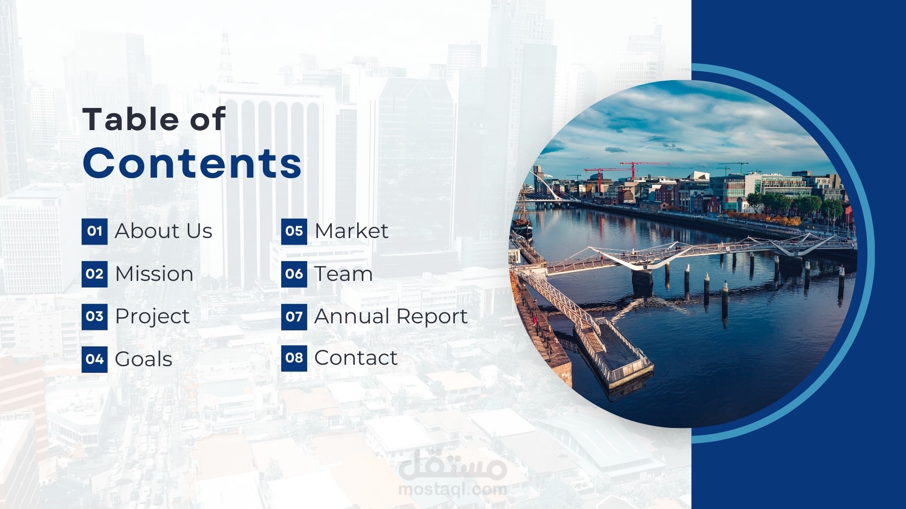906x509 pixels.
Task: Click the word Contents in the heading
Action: tap(192, 163)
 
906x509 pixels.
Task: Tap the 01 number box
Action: tap(94, 231)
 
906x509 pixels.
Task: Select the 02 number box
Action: tap(94, 274)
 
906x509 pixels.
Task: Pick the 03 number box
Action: tap(94, 317)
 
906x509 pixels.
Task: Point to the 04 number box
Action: tap(94, 360)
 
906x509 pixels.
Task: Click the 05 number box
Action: tap(294, 231)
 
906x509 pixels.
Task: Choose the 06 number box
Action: tap(294, 274)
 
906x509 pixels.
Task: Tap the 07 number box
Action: tap(294, 317)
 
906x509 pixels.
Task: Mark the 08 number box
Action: tap(294, 358)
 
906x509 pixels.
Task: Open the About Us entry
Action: tap(164, 231)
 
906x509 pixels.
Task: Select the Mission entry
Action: tap(154, 274)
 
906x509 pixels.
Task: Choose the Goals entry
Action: tap(143, 359)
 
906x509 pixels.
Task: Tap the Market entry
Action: tap(352, 231)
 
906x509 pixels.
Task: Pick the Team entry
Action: tap(344, 274)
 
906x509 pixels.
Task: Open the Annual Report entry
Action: tap(391, 317)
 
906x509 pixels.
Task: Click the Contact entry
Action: tap(356, 358)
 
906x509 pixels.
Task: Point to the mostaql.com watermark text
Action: tap(453, 489)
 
